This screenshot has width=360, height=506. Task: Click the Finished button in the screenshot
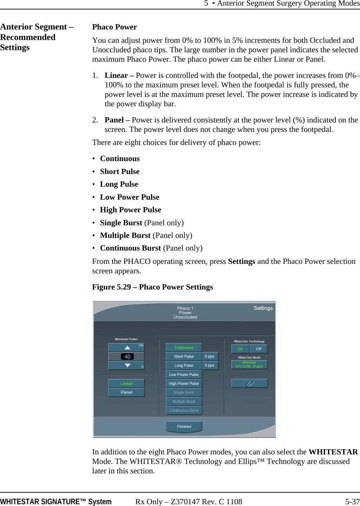(x=184, y=426)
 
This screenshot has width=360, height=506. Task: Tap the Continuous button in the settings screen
(x=184, y=347)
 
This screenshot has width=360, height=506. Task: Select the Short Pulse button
(x=184, y=357)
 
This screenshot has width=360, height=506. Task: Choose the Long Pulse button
(x=184, y=365)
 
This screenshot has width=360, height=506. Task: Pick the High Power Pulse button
(x=184, y=384)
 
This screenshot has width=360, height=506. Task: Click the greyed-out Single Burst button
(x=184, y=393)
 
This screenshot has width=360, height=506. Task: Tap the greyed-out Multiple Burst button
(x=184, y=401)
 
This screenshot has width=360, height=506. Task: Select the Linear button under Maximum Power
(x=126, y=384)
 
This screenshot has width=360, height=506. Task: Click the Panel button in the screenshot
(x=126, y=392)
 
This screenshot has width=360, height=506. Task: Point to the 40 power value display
(x=127, y=357)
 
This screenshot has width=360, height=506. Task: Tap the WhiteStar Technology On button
(x=240, y=349)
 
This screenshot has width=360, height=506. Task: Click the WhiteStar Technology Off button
(x=258, y=349)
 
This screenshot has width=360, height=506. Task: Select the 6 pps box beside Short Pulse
(x=210, y=357)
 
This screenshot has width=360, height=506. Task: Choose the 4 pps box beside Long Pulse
(x=210, y=365)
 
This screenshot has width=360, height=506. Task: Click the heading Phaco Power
(x=114, y=27)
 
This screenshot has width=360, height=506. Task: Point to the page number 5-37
(x=352, y=502)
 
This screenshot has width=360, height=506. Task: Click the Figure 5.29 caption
(x=152, y=287)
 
